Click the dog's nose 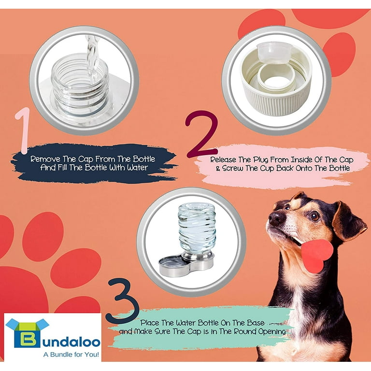(x=275, y=218)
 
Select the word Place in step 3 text (x=150, y=323)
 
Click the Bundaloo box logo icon (x=27, y=333)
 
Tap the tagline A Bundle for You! (x=71, y=355)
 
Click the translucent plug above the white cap (x=274, y=53)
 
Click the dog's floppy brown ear (x=349, y=221)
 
